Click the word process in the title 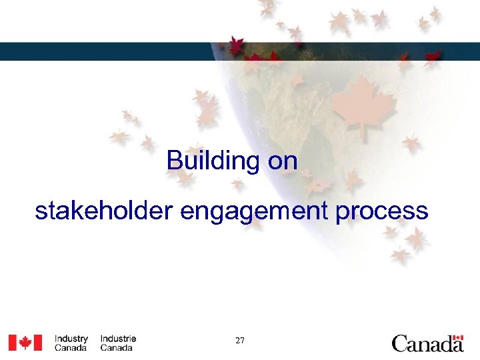tap(381, 212)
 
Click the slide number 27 tap(240, 341)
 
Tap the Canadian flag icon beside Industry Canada tap(25, 343)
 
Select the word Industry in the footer tap(71, 339)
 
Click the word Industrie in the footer tap(118, 339)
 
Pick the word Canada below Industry tap(71, 348)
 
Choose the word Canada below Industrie tap(117, 348)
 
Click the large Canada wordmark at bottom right tap(427, 344)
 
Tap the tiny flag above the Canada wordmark tap(457, 337)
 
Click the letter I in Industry tap(56, 339)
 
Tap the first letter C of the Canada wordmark tap(399, 344)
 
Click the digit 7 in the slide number tap(242, 341)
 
